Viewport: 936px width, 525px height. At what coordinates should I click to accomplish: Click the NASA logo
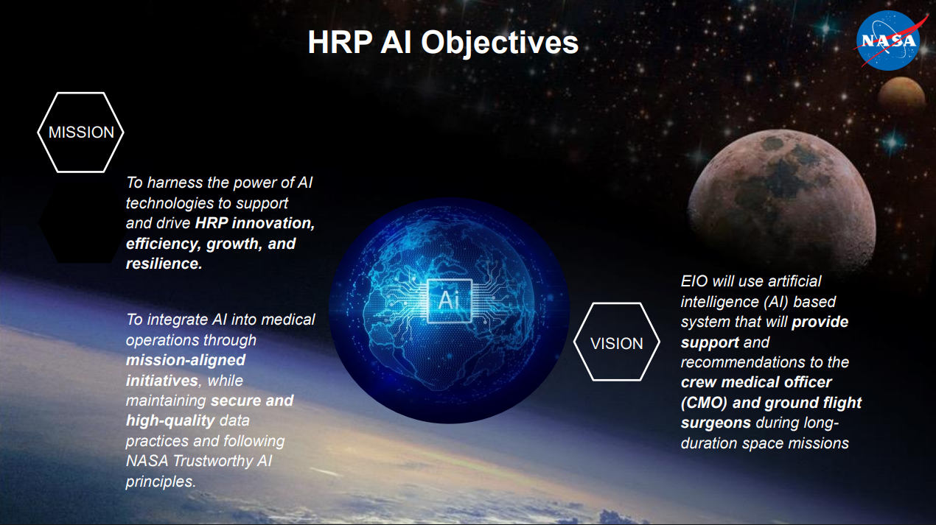point(888,40)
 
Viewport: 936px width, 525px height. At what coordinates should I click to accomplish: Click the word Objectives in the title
point(500,43)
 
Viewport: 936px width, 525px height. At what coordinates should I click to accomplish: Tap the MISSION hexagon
point(80,133)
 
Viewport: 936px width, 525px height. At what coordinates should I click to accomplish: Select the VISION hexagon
point(617,342)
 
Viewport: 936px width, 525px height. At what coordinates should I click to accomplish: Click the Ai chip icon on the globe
point(450,300)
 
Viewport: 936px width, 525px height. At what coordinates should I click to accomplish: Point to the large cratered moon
point(782,200)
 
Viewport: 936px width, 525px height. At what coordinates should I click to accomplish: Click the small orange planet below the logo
point(901,95)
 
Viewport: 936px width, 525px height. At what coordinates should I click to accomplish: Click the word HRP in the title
point(340,43)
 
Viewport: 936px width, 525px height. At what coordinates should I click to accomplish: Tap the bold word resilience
point(164,264)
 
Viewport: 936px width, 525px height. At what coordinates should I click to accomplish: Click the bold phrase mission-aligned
point(186,360)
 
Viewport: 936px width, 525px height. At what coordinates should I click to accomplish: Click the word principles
point(161,482)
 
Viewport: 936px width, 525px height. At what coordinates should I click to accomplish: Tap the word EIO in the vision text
point(694,281)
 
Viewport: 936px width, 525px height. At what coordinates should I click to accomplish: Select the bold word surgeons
point(716,423)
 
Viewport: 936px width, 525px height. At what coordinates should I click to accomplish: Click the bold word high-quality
point(170,420)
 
